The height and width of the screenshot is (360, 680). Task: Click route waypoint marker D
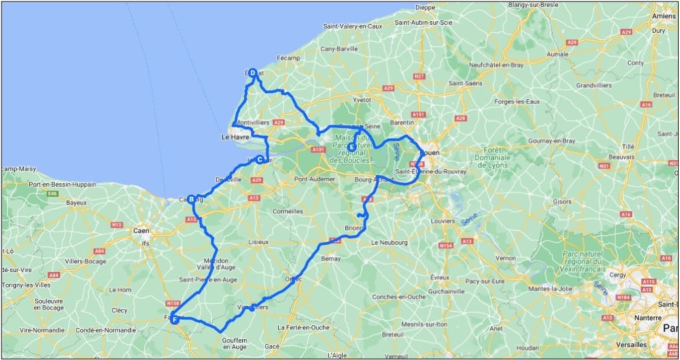253,73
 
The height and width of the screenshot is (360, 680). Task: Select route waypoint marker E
351,147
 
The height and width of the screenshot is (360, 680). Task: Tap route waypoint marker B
191,199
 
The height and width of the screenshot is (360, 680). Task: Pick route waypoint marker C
259,159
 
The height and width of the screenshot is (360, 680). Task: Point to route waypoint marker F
175,320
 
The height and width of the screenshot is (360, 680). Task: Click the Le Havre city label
234,137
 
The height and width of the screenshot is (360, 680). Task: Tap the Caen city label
140,231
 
